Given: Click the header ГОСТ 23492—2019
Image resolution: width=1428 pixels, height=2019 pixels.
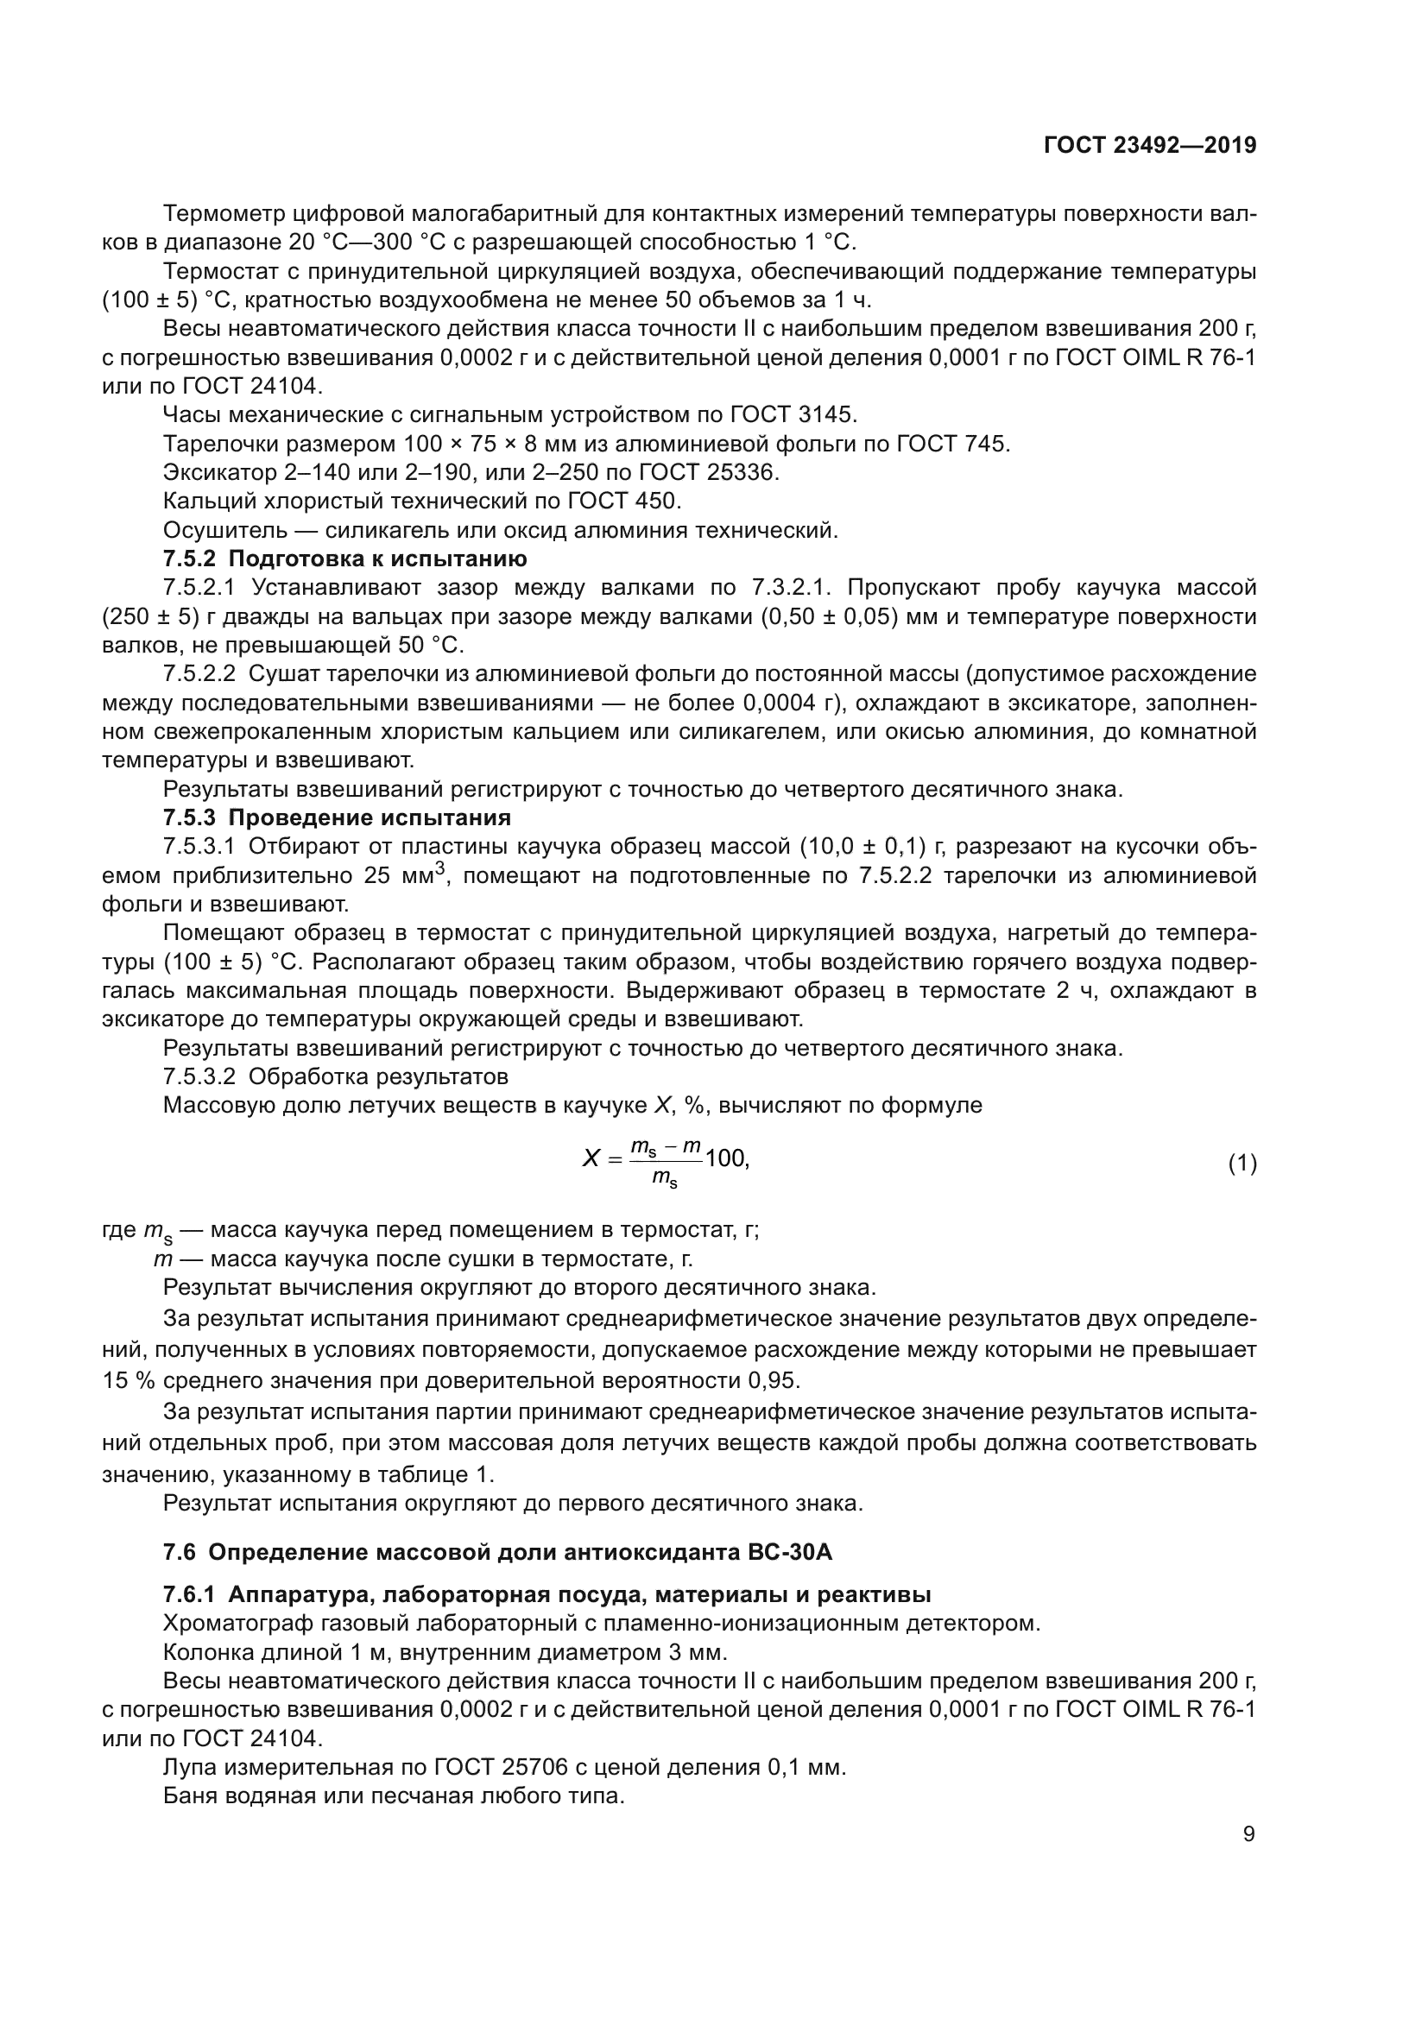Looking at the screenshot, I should tap(1149, 146).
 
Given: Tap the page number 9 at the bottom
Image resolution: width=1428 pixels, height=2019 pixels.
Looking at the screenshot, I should tap(1248, 1834).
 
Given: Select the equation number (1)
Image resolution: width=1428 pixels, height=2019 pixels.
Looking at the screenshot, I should tap(1242, 1164).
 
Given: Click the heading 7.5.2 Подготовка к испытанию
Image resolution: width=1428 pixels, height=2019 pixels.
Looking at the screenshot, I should tap(344, 559).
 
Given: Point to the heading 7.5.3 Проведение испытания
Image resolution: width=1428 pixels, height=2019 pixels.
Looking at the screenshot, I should tap(337, 817).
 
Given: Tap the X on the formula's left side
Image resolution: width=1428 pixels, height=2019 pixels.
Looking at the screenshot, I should tap(591, 1159).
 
